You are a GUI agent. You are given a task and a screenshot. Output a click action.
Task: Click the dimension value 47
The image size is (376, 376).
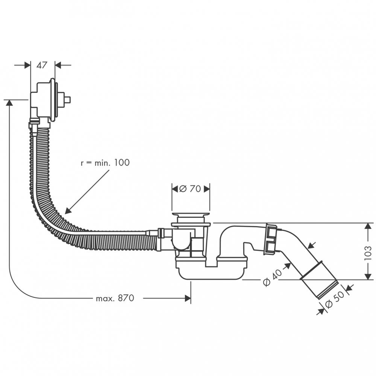click(42, 65)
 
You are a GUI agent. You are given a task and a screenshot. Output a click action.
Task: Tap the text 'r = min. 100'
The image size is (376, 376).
click(105, 163)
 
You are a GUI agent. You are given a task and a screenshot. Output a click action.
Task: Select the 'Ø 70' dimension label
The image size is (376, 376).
click(190, 189)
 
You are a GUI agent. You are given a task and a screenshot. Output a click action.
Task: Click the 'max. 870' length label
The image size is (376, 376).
click(115, 299)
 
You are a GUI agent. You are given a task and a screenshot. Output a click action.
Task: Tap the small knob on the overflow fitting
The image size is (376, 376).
click(67, 100)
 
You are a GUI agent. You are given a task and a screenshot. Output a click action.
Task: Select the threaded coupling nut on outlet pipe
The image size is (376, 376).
click(271, 239)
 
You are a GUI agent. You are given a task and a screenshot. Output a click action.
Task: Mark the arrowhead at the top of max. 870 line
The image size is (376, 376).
click(9, 103)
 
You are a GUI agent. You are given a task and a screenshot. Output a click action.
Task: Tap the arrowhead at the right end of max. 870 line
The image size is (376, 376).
click(188, 299)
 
